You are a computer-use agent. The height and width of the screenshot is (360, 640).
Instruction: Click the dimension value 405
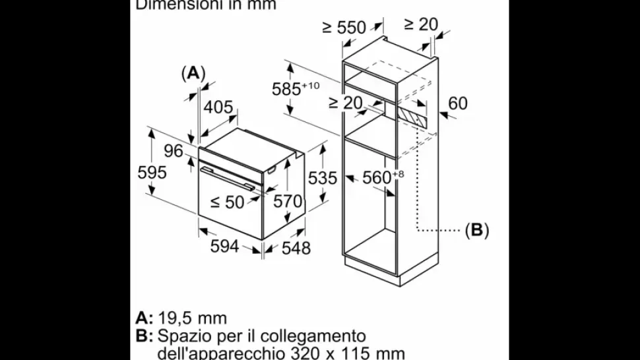pyautogui.click(x=218, y=107)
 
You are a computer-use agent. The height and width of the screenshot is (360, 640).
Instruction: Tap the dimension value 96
pyautogui.click(x=173, y=151)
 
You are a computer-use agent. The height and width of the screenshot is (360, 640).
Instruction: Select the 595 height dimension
pyautogui.click(x=152, y=172)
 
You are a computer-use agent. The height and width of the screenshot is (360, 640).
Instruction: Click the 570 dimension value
pyautogui.click(x=288, y=201)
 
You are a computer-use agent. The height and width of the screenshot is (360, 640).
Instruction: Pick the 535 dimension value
pyautogui.click(x=323, y=177)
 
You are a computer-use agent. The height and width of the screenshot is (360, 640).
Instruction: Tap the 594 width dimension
pyautogui.click(x=224, y=246)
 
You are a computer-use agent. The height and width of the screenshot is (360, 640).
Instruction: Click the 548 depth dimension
pyautogui.click(x=296, y=248)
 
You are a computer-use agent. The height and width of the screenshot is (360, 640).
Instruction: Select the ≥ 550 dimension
pyautogui.click(x=344, y=27)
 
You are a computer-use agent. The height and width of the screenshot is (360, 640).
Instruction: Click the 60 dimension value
pyautogui.click(x=457, y=103)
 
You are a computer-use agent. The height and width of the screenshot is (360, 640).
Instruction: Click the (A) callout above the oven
pyautogui.click(x=193, y=73)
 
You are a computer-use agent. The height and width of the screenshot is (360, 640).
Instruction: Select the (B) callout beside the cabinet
pyautogui.click(x=476, y=230)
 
